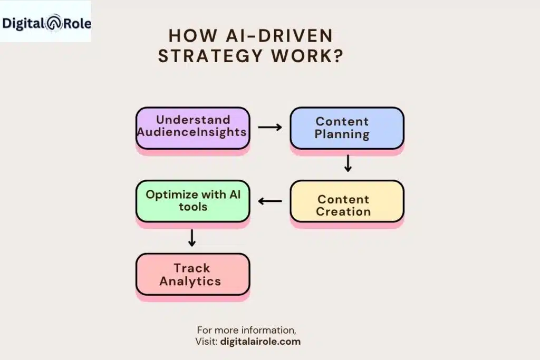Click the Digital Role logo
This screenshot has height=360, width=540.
(x=46, y=23)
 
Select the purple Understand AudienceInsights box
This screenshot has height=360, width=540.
(x=192, y=127)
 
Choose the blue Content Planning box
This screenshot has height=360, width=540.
(x=346, y=128)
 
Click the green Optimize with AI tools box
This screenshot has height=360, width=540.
(x=192, y=201)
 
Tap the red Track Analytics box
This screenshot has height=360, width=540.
(x=192, y=274)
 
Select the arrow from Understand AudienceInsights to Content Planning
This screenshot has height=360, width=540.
(x=269, y=128)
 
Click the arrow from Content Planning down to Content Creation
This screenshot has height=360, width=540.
(x=347, y=163)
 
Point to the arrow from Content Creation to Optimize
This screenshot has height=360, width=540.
(x=269, y=201)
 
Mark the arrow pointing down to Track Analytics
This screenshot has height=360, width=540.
(x=192, y=238)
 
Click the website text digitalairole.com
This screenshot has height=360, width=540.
(x=262, y=341)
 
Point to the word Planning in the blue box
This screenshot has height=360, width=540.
(x=342, y=134)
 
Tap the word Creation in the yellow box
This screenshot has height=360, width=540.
(x=343, y=212)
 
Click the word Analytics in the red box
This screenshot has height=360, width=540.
(x=190, y=281)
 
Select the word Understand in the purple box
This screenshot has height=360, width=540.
(x=193, y=120)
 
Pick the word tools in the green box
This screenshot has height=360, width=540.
(x=192, y=207)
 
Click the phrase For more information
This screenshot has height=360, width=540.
(x=246, y=330)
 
